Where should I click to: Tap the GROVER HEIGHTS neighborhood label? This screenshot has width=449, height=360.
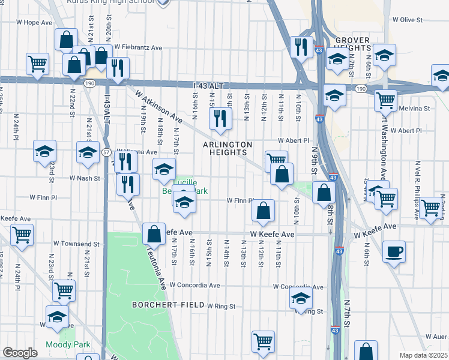(x=352, y=44)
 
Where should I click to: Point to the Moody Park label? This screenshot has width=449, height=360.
(x=67, y=344)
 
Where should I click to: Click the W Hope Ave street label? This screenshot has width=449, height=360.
(x=39, y=22)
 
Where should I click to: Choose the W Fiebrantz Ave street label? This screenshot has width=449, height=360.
(x=139, y=47)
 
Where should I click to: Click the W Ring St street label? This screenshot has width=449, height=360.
(x=221, y=307)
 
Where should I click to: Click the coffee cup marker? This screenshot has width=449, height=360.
(x=394, y=251)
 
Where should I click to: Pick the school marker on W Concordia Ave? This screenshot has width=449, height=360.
(x=301, y=298)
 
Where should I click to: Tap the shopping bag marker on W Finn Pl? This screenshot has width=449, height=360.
(x=264, y=211)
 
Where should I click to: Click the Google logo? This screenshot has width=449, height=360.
(x=20, y=352)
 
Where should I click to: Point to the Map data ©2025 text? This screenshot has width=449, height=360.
(x=423, y=355)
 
